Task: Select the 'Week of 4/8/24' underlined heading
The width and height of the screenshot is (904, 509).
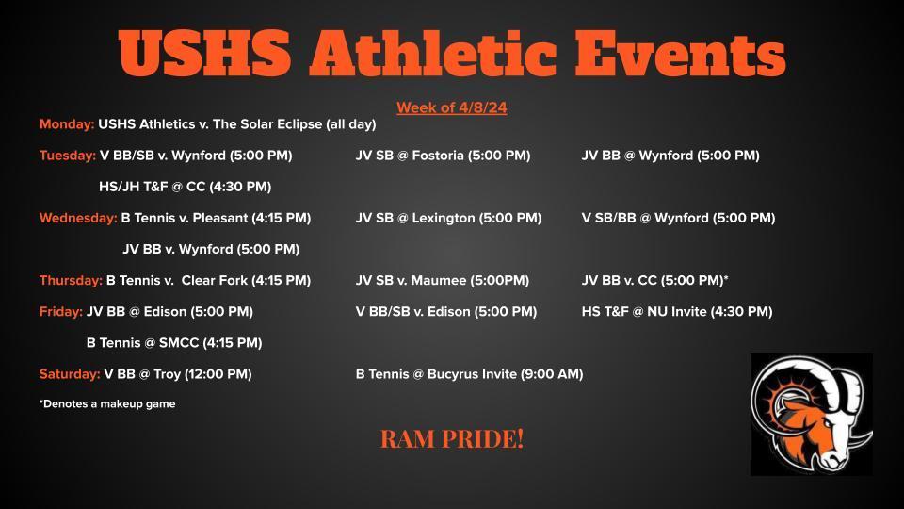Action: click(451, 107)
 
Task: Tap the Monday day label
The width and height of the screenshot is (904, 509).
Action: click(67, 124)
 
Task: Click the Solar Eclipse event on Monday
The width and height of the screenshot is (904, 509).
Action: click(237, 124)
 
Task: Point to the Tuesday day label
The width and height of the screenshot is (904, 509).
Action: click(68, 156)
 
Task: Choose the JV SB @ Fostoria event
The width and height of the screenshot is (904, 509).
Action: click(443, 156)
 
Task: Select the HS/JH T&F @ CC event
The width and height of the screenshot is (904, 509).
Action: click(185, 187)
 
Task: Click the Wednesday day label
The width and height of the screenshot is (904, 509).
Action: click(78, 218)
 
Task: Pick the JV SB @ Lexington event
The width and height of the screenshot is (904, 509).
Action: click(448, 218)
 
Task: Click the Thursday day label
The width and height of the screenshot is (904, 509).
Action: click(71, 280)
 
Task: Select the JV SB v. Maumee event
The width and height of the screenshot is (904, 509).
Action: click(442, 280)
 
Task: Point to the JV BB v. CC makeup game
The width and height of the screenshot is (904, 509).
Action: click(655, 280)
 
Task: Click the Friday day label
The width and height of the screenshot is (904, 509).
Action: click(60, 311)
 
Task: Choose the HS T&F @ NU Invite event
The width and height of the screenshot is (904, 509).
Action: click(676, 311)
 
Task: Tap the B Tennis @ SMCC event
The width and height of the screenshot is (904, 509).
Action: click(173, 343)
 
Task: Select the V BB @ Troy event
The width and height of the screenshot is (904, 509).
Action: click(177, 374)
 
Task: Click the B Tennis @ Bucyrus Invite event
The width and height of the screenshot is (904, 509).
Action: click(469, 374)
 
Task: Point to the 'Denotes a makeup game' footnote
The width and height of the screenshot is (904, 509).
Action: click(107, 404)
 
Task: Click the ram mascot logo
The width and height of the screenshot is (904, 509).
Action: click(811, 415)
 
